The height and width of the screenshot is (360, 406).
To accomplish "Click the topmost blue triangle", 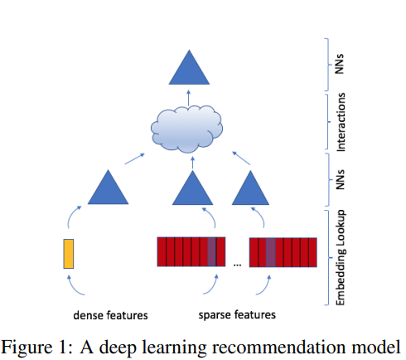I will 187,68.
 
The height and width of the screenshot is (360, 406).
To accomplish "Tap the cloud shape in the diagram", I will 188,128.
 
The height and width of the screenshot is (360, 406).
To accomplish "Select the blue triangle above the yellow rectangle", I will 109,188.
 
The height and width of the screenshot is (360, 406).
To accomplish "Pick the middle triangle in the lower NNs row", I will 191,190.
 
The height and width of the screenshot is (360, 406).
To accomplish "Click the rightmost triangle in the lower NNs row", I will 250,190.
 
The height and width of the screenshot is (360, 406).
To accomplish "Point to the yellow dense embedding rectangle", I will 69,253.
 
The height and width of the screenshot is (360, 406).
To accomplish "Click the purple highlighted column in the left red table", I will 212,251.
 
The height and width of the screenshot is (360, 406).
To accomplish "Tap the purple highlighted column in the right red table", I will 270,251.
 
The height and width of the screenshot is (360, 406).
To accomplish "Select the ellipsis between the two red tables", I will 237,264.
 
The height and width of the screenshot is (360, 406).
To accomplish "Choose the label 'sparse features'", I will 237,315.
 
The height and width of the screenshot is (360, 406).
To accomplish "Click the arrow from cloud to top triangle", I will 187,97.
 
